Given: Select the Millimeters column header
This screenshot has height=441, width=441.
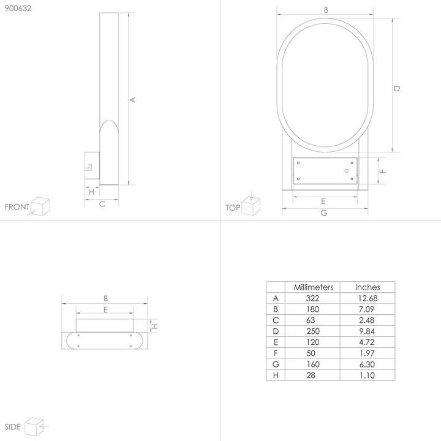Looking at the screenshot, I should click(x=313, y=287).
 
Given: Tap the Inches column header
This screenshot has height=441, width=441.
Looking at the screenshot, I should click(x=367, y=287).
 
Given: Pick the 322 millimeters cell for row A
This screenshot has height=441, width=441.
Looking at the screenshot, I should click(x=313, y=298).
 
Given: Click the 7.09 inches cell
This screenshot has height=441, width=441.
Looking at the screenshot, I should click(x=367, y=309).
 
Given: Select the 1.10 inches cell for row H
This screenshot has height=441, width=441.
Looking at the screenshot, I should click(x=367, y=376).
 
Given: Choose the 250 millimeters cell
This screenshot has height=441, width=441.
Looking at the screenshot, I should click(x=313, y=331).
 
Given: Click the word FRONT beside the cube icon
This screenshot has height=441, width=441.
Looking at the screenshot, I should click(x=17, y=207).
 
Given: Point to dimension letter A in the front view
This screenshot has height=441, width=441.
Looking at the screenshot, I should click(x=133, y=99).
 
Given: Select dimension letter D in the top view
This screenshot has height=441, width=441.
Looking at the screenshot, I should click(x=397, y=89).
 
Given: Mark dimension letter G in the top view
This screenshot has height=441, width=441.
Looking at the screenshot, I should click(x=324, y=213).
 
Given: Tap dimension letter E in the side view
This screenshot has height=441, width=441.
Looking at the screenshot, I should click(x=105, y=311).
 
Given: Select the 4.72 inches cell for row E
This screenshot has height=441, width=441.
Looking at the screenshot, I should click(x=367, y=343).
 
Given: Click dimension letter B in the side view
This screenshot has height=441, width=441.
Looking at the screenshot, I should click(x=105, y=299).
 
